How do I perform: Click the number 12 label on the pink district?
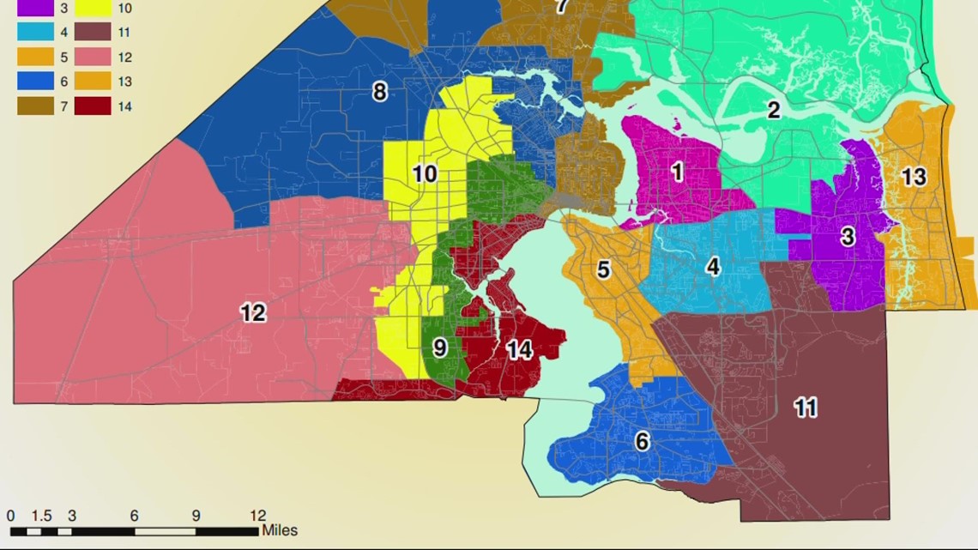click(x=253, y=313)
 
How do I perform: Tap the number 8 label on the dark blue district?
click(x=379, y=92)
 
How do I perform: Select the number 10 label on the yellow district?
click(x=425, y=175)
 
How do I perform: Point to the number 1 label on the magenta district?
click(x=677, y=172)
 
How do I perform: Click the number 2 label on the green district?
click(x=774, y=110)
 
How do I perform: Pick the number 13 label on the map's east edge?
click(x=914, y=177)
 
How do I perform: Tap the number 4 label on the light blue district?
click(x=713, y=267)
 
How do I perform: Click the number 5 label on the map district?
click(x=603, y=270)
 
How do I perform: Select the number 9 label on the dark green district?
click(x=439, y=348)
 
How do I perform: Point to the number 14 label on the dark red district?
click(x=519, y=350)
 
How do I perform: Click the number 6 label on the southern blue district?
click(x=642, y=442)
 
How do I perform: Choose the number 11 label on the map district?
click(x=805, y=408)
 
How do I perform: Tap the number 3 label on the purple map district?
click(x=848, y=237)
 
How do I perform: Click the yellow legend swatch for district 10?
click(x=94, y=9)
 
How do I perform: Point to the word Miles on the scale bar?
click(x=280, y=530)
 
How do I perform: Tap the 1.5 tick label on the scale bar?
click(x=42, y=516)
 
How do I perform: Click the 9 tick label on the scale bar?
click(x=196, y=516)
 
